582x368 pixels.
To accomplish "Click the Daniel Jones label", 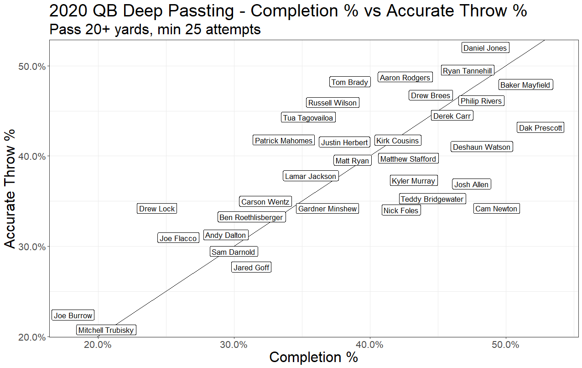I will point(485,48).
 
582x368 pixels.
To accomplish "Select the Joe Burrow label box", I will point(73,315).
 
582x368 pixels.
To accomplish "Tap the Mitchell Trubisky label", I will point(106,330).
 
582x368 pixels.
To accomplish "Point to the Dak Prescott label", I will point(540,128).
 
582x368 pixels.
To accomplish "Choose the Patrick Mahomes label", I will point(283,141).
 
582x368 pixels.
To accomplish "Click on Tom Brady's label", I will point(349,82).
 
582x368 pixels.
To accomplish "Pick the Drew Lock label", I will point(157,209).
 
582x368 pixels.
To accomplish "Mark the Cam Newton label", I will point(496,209).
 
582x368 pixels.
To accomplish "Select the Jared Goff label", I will point(251,268).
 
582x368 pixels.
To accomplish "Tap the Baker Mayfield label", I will point(525,85).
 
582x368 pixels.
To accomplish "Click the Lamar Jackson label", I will point(311,176).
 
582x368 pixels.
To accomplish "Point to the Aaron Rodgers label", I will point(405,78).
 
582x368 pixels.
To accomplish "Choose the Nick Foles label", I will point(400,210).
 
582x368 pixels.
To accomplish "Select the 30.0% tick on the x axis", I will point(234,344).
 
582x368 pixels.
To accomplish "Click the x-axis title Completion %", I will point(313,357).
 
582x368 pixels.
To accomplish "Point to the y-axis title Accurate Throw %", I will point(10,189).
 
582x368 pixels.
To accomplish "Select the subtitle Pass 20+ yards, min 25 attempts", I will point(155,30).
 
